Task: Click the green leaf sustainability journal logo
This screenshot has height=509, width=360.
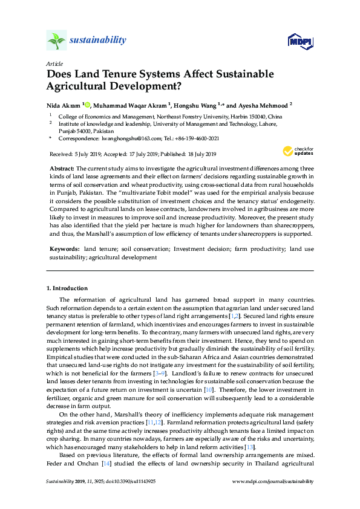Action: coord(56,41)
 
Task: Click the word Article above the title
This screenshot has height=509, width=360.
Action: coord(54,63)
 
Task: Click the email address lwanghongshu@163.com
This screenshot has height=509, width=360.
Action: coord(125,138)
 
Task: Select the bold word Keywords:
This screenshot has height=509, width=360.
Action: coord(65,249)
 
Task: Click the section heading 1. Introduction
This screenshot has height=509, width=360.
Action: coord(67,288)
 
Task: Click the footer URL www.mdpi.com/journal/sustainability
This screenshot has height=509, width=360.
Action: coord(273,481)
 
